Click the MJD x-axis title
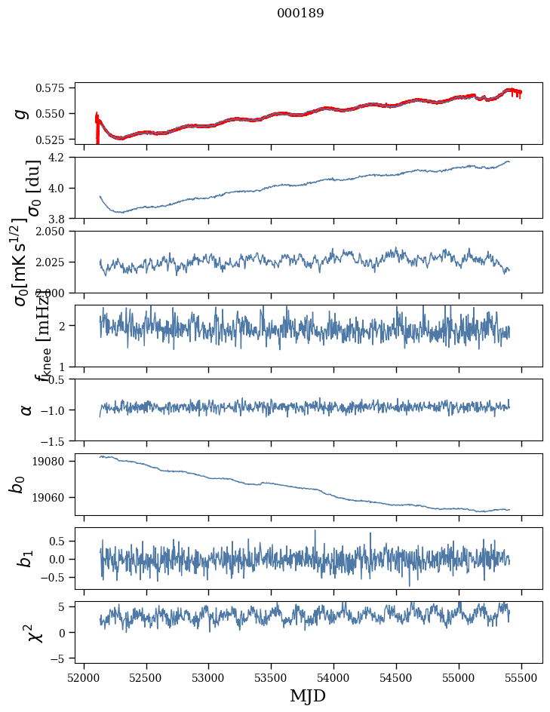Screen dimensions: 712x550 (x=308, y=695)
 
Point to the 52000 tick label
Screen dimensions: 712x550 (x=84, y=677)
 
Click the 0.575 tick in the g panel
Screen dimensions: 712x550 (x=54, y=88)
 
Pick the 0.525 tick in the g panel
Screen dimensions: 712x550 (x=54, y=140)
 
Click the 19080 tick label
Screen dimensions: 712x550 (x=54, y=461)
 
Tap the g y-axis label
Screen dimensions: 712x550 (x=23, y=113)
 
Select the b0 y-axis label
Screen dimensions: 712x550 (x=17, y=484)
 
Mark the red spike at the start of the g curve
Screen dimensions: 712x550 (x=97, y=124)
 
